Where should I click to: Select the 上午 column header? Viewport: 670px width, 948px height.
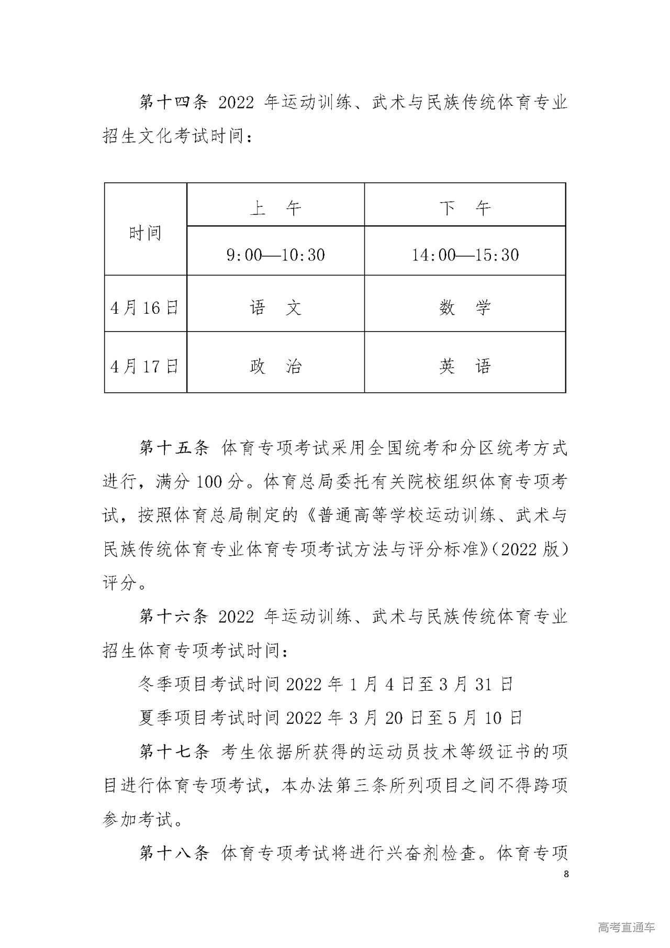tap(275, 208)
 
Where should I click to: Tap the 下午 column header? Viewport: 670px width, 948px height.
tap(465, 208)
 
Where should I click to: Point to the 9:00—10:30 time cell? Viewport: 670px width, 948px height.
tap(275, 255)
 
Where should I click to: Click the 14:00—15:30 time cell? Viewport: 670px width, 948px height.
tap(465, 255)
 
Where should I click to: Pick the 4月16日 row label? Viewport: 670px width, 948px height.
tap(145, 307)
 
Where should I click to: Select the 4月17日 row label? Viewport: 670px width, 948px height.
tap(145, 366)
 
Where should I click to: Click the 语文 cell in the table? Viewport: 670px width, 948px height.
tap(275, 307)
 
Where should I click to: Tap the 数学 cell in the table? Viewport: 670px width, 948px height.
tap(465, 307)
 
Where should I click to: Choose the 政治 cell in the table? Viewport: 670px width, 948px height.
tap(275, 366)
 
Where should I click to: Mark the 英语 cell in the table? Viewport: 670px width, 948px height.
tap(465, 366)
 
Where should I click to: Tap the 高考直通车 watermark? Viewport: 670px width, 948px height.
tap(626, 927)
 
